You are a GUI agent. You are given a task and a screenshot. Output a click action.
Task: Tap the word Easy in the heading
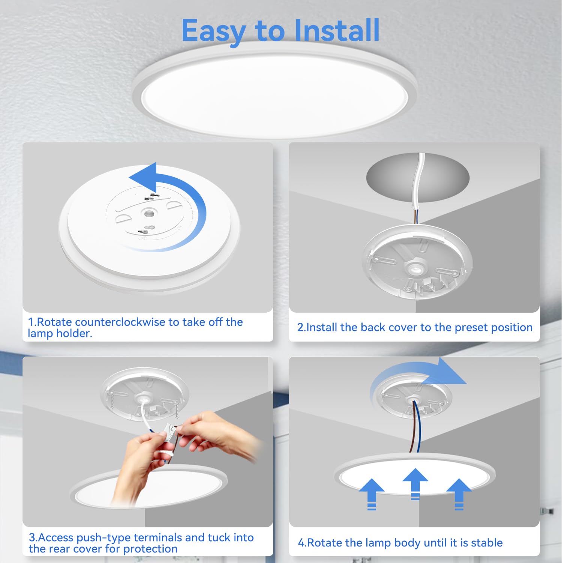click(x=214, y=32)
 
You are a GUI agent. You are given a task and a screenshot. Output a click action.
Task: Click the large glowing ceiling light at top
click(x=275, y=90)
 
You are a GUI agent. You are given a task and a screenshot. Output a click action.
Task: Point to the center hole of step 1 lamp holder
click(x=149, y=214)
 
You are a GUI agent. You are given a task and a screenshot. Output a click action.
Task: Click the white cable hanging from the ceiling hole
click(x=418, y=188)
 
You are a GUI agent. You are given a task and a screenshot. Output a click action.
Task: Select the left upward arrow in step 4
click(x=372, y=494)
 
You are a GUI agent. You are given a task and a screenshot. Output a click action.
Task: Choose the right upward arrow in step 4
click(x=459, y=494)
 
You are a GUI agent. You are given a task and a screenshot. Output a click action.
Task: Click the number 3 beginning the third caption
click(x=32, y=537)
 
